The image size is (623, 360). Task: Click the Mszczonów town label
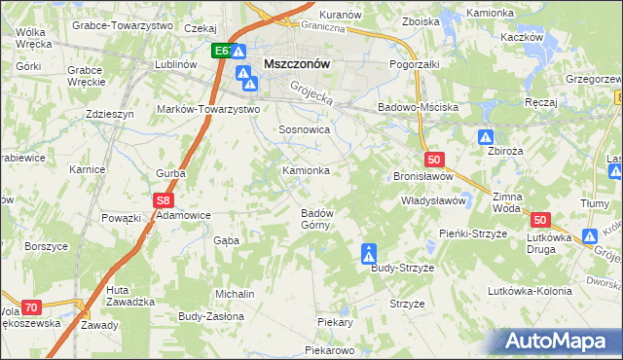coord(298,64)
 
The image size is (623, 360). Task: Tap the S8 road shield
coord(164,199)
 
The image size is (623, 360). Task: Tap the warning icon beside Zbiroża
coord(487,139)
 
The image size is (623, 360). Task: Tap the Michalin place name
coord(236,294)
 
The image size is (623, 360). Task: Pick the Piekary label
coord(334,321)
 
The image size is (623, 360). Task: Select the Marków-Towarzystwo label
coord(208,110)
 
